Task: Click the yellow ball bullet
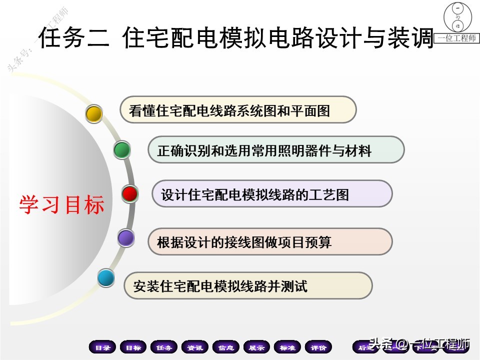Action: pyautogui.click(x=94, y=114)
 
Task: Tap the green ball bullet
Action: pyautogui.click(x=121, y=150)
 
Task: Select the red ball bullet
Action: pyautogui.click(x=130, y=193)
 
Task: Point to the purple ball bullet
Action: pyautogui.click(x=126, y=238)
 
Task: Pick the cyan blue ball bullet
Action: pyautogui.click(x=106, y=277)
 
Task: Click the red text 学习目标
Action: pyautogui.click(x=62, y=205)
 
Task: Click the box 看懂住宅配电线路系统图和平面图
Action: pyautogui.click(x=238, y=110)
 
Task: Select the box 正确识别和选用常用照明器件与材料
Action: pyautogui.click(x=276, y=150)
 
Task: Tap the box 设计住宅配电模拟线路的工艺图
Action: pyautogui.click(x=272, y=194)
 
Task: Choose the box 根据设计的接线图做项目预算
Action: pyautogui.click(x=270, y=242)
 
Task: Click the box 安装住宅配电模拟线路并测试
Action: pyautogui.click(x=248, y=286)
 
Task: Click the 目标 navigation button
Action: pyautogui.click(x=133, y=347)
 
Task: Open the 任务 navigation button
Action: pyautogui.click(x=164, y=347)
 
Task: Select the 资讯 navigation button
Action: pyautogui.click(x=195, y=347)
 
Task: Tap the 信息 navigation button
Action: pyautogui.click(x=226, y=347)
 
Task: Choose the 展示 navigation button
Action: pyautogui.click(x=257, y=347)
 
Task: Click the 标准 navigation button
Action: pyautogui.click(x=287, y=347)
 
